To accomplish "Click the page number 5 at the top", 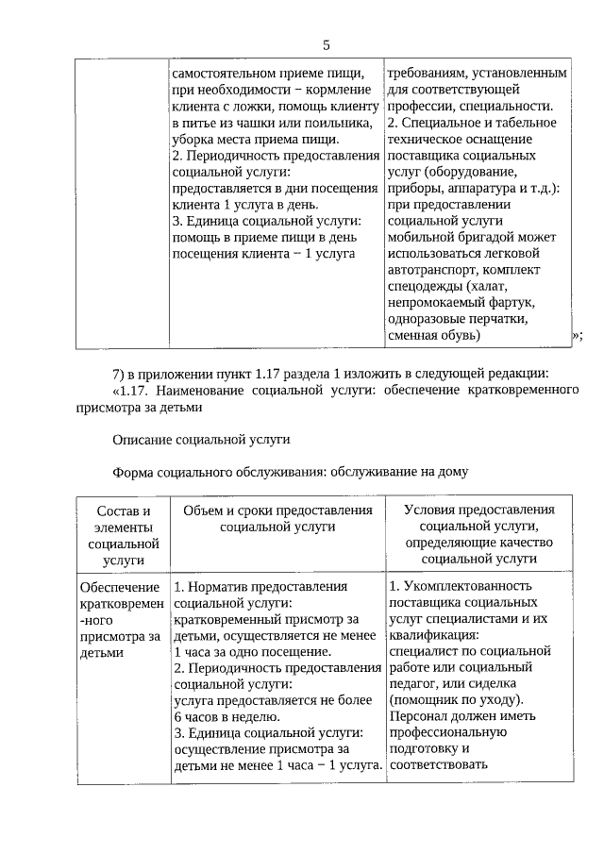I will point(326,44).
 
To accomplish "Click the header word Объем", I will point(203,511).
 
